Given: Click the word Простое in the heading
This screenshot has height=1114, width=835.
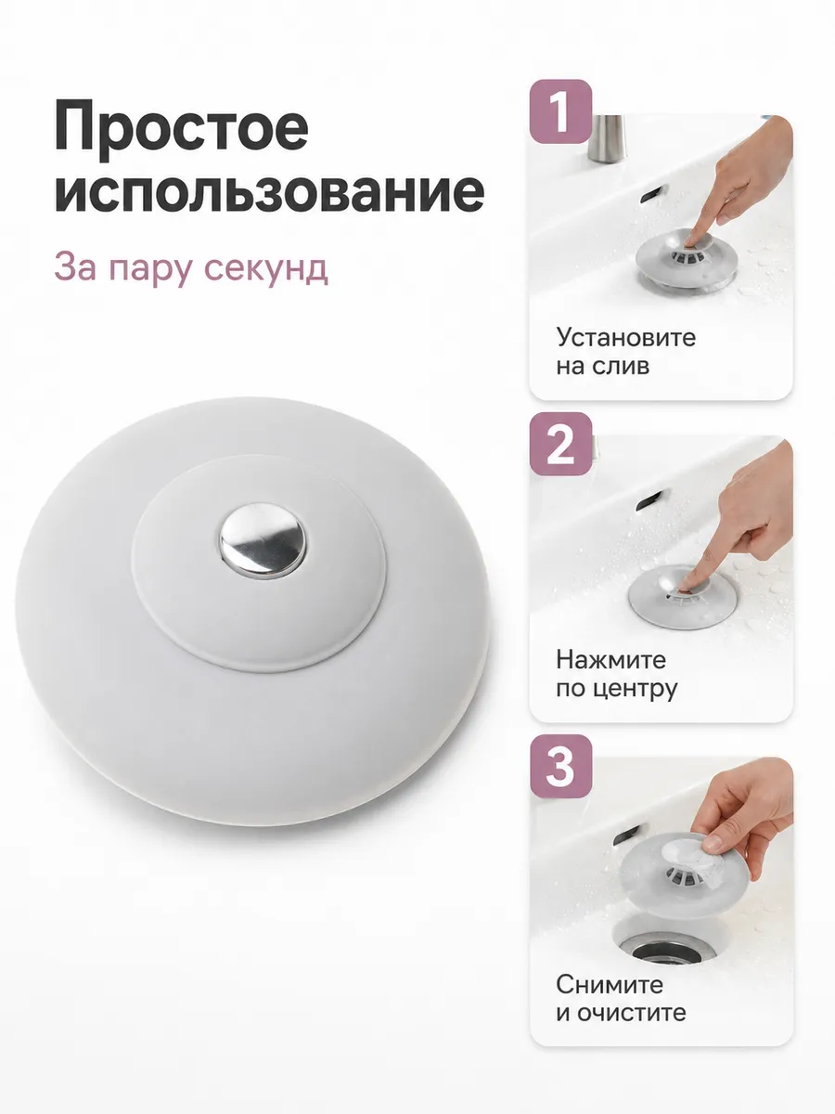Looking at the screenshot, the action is [x=181, y=130].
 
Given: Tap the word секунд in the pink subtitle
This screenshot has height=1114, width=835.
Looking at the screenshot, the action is [x=265, y=268].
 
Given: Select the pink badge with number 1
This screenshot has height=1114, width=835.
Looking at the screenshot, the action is [x=560, y=111].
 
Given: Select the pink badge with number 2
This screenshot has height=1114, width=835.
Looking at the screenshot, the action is [x=560, y=444].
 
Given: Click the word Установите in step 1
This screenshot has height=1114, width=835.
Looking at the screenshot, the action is [x=626, y=337].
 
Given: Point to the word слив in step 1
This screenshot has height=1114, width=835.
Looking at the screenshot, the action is [x=625, y=366].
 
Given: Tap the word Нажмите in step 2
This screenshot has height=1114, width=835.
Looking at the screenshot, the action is [x=610, y=660].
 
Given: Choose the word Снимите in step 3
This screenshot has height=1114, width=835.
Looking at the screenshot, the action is [x=610, y=985].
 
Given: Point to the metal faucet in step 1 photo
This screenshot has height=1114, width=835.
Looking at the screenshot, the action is [x=608, y=138].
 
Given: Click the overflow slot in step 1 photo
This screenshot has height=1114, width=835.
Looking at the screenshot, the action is [x=651, y=193].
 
